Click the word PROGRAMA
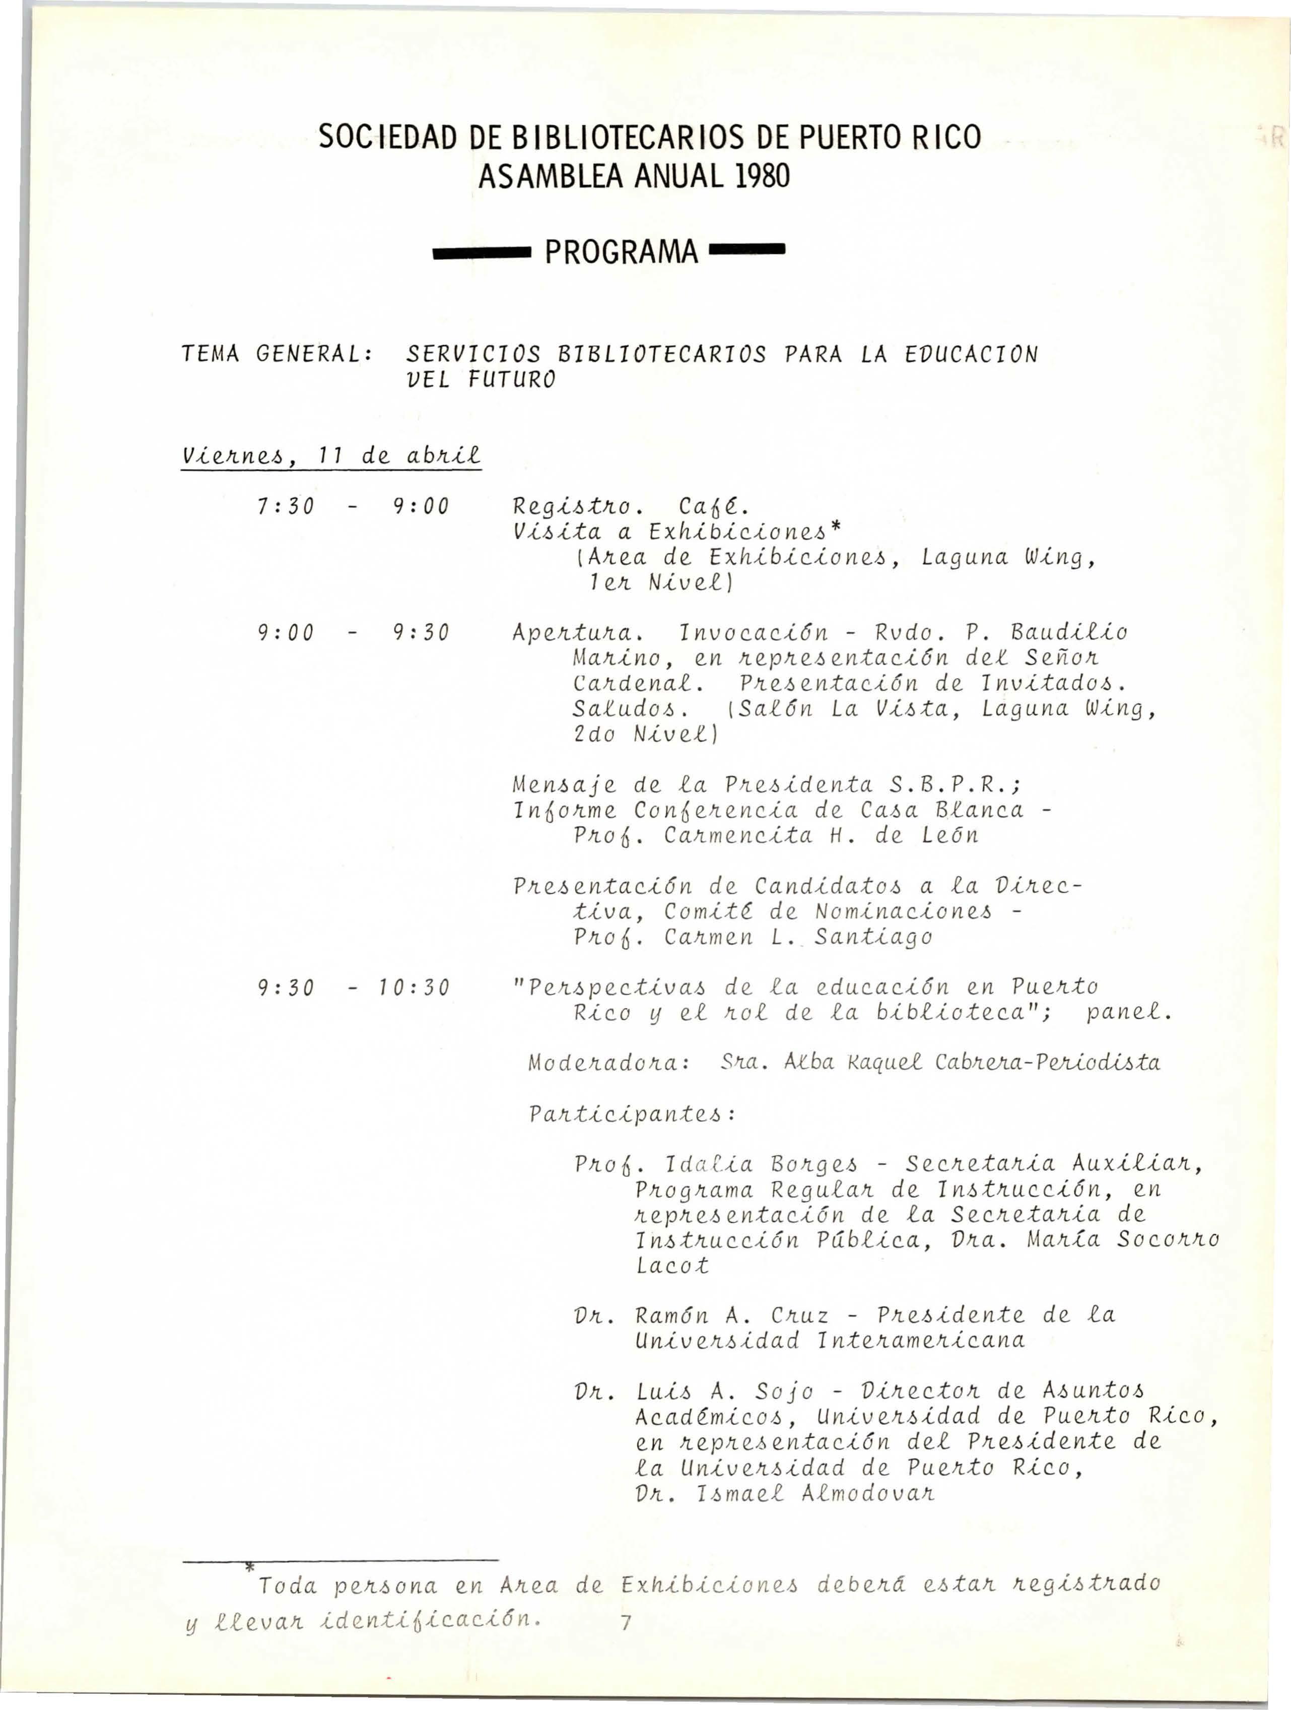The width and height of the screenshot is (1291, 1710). pos(622,252)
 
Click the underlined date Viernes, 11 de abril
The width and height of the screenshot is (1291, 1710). pos(331,457)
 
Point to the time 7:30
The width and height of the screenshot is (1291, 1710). pos(285,507)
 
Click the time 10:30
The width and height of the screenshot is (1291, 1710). pos(421,988)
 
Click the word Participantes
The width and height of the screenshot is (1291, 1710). pos(631,1115)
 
